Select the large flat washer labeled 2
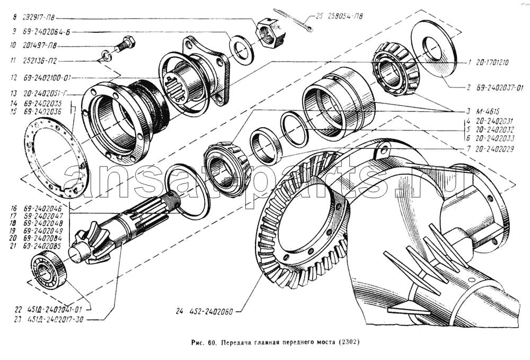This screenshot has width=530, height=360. pyautogui.click(x=434, y=49)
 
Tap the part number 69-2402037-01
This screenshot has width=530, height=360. pyautogui.click(x=497, y=87)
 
